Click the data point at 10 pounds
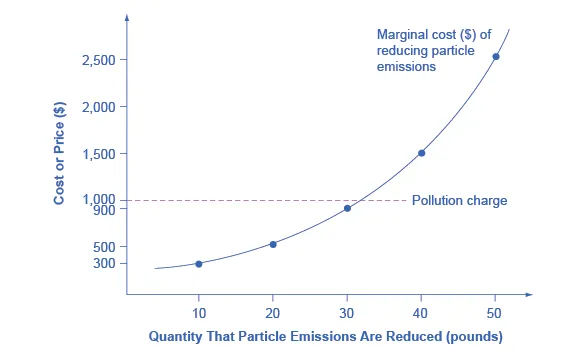click(198, 263)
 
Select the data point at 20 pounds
click(273, 244)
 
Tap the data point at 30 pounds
click(347, 208)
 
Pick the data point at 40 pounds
click(421, 153)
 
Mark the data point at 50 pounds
click(496, 56)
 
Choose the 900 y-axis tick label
click(102, 210)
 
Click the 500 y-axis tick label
click(102, 247)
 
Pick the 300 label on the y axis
click(102, 263)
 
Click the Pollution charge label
click(459, 201)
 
